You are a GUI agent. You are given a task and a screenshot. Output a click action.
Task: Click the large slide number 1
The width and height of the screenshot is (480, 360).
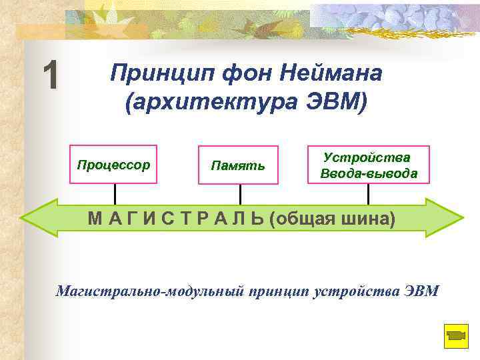[x=50, y=75]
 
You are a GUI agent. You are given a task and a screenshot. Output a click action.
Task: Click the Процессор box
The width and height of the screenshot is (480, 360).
[x=114, y=164]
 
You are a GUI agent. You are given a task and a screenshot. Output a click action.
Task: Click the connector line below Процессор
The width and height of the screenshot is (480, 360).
[x=115, y=193]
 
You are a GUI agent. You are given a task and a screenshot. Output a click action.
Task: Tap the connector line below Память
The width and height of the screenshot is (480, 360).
[x=240, y=193]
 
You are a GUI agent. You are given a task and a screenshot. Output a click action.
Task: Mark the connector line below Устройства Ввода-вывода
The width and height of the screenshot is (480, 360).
[x=369, y=193]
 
